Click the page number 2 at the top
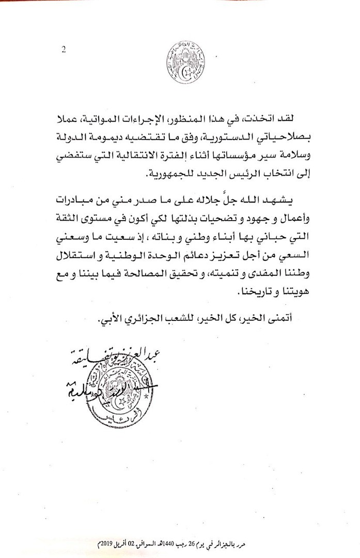point(62,50)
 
